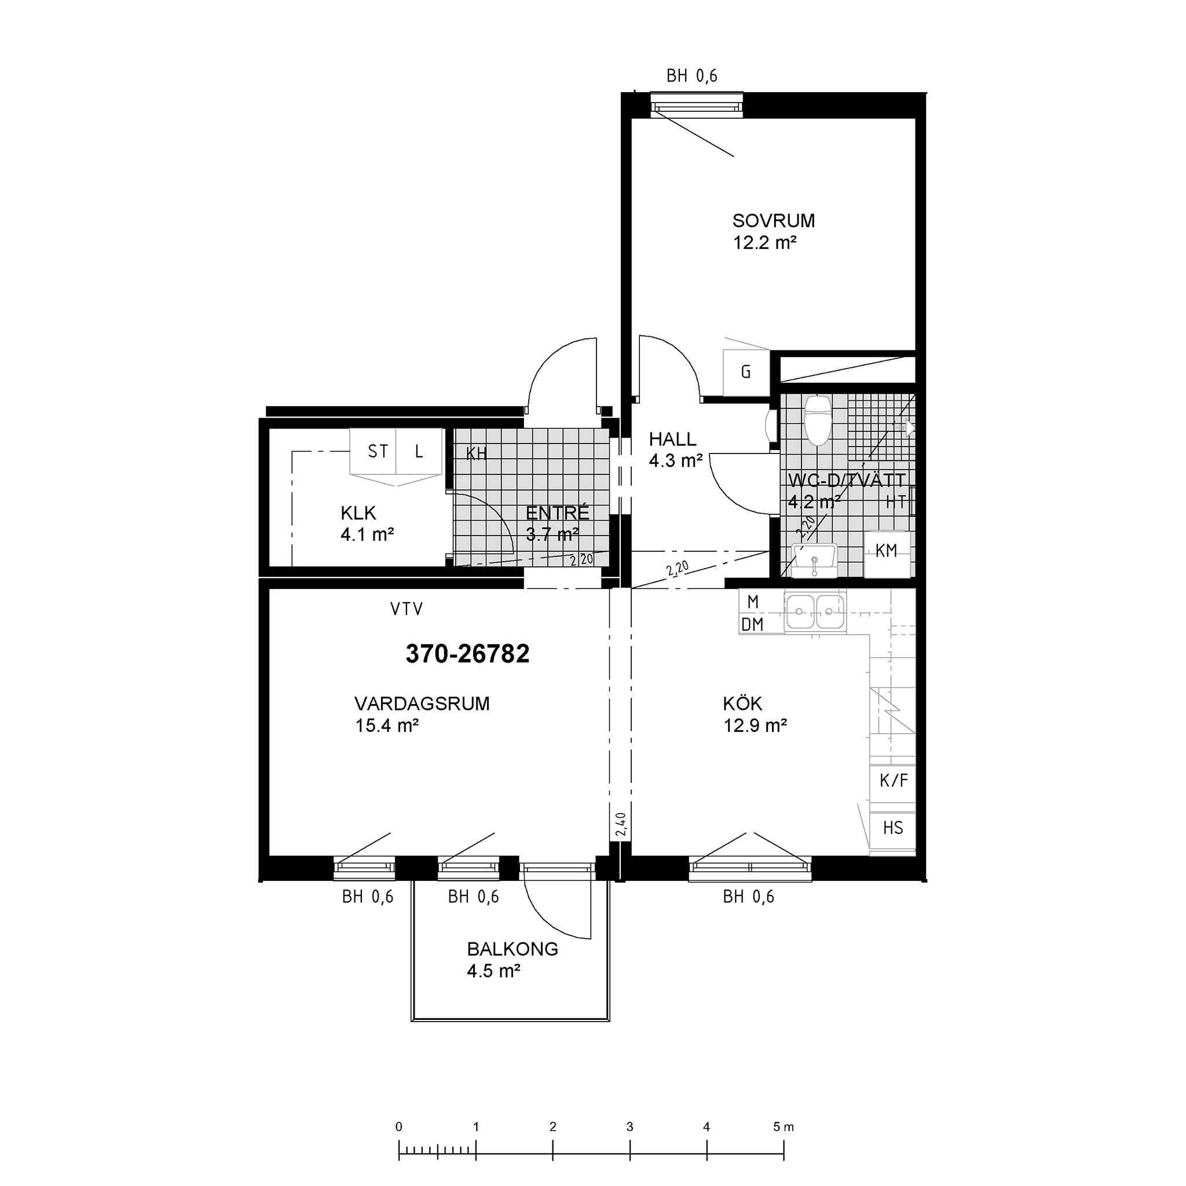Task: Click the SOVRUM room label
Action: [774, 221]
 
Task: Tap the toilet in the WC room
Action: [817, 420]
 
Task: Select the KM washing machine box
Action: [887, 554]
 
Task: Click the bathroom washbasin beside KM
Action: [814, 560]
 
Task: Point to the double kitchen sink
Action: [815, 612]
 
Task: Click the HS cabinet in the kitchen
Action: [892, 829]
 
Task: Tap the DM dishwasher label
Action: [753, 625]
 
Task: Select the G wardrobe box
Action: [746, 372]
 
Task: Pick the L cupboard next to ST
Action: [419, 451]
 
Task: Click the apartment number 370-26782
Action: [467, 654]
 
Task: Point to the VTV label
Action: [407, 609]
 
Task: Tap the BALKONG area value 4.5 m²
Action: [493, 971]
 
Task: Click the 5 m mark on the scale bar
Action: [784, 1127]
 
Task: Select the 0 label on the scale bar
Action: [399, 1127]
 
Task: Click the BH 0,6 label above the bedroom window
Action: [692, 76]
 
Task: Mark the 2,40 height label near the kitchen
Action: [621, 825]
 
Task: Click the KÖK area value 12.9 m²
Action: [755, 726]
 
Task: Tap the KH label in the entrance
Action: [477, 453]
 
